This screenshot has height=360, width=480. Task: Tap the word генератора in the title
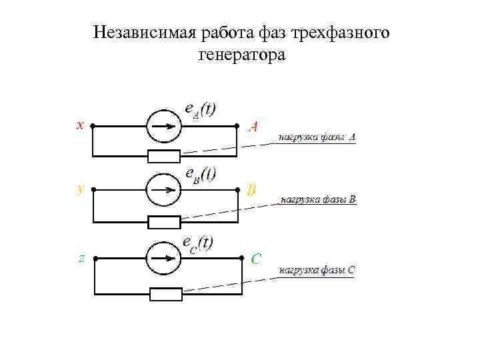click(x=241, y=55)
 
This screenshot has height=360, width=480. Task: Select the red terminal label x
click(x=79, y=124)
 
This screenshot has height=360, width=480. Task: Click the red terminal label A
click(x=253, y=126)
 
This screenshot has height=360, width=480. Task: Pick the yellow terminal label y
click(x=81, y=189)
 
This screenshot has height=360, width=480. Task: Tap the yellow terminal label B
click(x=251, y=191)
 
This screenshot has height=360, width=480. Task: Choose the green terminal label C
click(x=255, y=259)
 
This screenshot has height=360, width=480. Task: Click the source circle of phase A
click(x=163, y=125)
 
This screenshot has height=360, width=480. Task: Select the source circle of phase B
click(x=163, y=189)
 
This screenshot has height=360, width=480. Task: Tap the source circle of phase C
click(x=163, y=257)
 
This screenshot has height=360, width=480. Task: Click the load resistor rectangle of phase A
click(x=164, y=157)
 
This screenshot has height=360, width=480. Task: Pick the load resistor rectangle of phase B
click(x=164, y=222)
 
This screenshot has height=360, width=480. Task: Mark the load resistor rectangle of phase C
click(x=166, y=294)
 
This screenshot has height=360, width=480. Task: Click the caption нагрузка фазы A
click(x=317, y=137)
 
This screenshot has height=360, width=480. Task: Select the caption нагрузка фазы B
click(x=319, y=199)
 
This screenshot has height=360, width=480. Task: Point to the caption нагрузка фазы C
click(x=317, y=271)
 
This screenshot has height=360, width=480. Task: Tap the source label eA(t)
click(x=199, y=109)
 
